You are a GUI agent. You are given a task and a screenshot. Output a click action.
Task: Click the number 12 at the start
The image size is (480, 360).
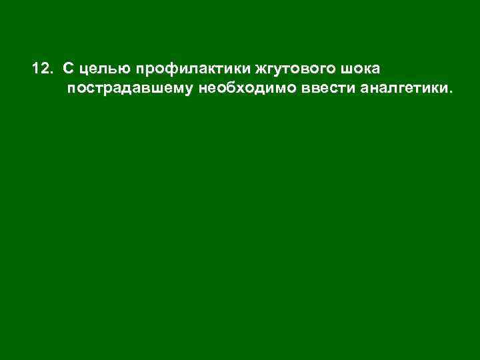click(41, 69)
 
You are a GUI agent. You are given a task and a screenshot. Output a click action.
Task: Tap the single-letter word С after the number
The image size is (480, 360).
click(69, 69)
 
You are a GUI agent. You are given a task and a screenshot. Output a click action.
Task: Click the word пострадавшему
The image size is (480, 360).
click(129, 88)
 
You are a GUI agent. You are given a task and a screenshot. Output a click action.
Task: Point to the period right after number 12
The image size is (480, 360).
click(53, 72)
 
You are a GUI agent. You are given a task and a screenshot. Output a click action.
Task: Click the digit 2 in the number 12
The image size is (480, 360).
click(45, 69)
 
